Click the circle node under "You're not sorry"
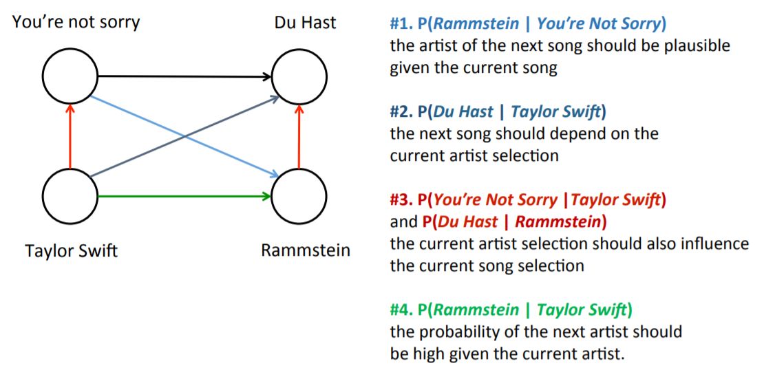click(70, 76)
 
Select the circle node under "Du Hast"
click(299, 76)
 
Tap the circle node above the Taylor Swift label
click(70, 195)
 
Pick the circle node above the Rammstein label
click(299, 195)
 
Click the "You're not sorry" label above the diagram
click(76, 22)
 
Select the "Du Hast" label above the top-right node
click(305, 22)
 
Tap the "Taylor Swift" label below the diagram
click(71, 250)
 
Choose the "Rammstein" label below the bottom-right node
click(305, 250)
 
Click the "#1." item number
click(401, 23)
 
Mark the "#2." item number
click(401, 111)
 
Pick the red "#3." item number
click(401, 200)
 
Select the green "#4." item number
click(401, 309)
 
